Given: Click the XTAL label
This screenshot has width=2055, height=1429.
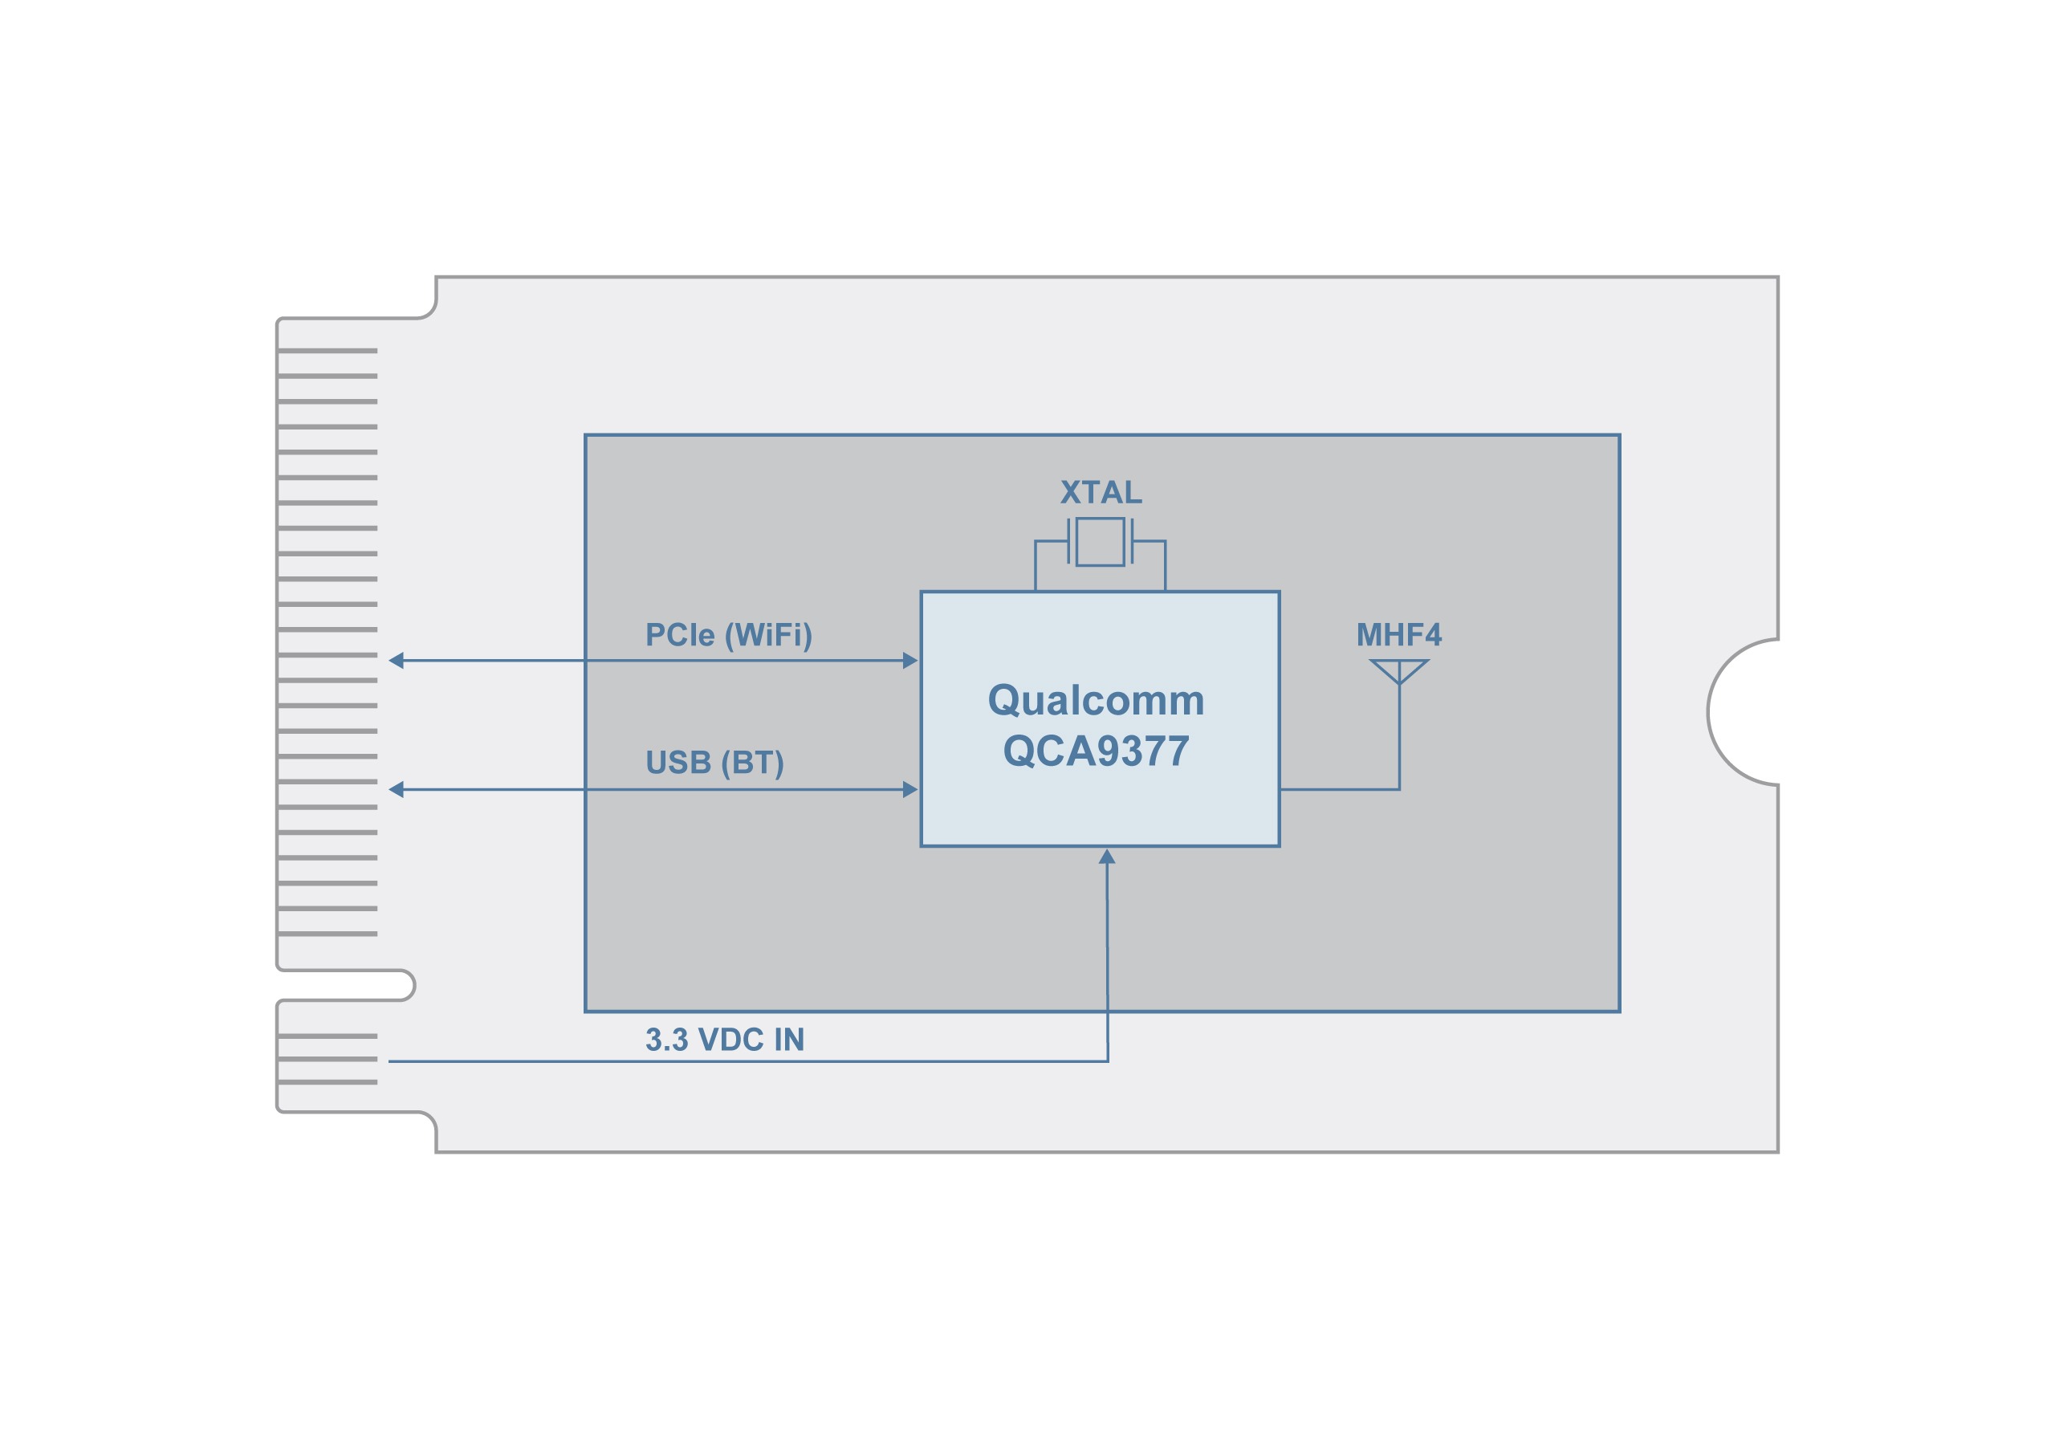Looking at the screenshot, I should tap(1100, 492).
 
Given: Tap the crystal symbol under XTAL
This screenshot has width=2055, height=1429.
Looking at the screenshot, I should tap(1100, 541).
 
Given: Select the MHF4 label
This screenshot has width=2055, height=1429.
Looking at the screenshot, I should tap(1398, 635).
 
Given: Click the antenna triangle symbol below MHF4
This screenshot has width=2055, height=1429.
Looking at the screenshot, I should tap(1399, 670).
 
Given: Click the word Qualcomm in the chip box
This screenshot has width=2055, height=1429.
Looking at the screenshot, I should tap(1096, 700).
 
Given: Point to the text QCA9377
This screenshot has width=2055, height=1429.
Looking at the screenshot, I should tap(1096, 751).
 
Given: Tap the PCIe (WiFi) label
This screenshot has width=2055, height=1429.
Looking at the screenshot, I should tap(729, 635).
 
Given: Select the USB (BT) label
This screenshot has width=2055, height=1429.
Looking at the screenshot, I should tap(714, 762).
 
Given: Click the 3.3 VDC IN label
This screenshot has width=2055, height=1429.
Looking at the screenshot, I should tap(724, 1040).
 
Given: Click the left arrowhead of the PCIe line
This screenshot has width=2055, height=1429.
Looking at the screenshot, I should tap(397, 661).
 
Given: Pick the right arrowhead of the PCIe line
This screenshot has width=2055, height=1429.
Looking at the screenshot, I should tap(910, 661).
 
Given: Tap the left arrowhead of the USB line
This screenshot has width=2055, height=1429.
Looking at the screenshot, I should tap(397, 789).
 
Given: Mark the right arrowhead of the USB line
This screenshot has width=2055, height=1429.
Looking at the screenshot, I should tap(910, 789).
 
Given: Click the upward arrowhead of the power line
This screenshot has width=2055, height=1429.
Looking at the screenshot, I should tap(1107, 857).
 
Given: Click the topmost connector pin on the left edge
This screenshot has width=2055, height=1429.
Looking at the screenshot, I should tap(328, 351).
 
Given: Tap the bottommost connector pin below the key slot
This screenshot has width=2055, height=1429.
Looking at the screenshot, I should tap(328, 1081).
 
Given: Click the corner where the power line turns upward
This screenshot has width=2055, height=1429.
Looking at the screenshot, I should tap(1107, 1061).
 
